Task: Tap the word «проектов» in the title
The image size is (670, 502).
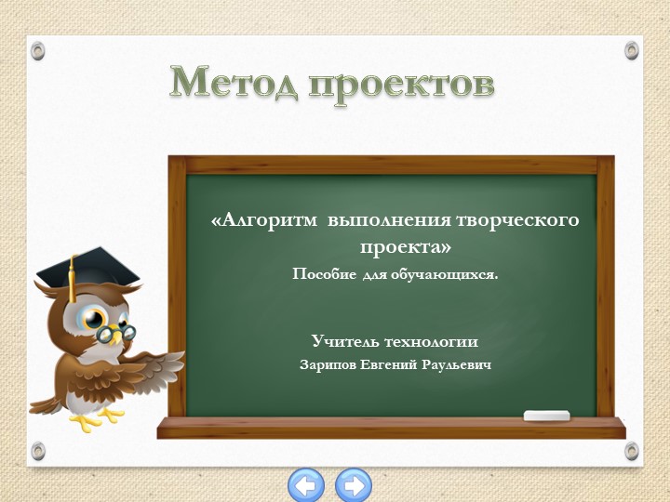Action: click(x=401, y=84)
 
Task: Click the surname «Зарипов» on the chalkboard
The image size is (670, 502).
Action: click(x=328, y=364)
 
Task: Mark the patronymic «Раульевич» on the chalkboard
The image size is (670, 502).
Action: click(x=456, y=364)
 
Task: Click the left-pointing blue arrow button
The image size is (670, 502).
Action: click(x=306, y=484)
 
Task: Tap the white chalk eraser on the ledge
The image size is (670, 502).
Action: click(x=545, y=416)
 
